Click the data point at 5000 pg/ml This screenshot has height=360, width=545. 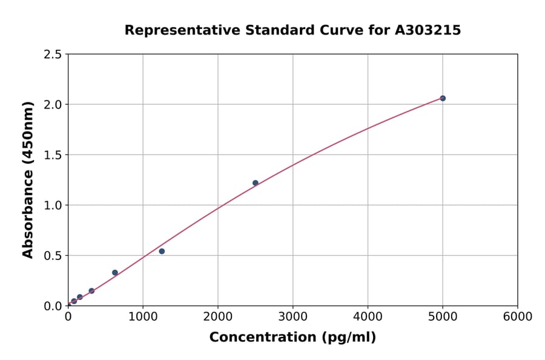click(x=443, y=98)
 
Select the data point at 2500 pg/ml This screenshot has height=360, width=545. click(x=256, y=183)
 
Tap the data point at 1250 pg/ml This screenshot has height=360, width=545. click(x=162, y=251)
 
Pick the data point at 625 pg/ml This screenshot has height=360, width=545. click(x=115, y=273)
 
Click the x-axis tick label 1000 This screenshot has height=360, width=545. click(x=143, y=317)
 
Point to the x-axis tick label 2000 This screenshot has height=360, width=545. click(x=218, y=317)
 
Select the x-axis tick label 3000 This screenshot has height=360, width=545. click(x=293, y=317)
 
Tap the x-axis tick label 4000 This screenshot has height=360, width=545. click(x=368, y=317)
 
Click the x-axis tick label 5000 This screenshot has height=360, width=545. click(x=443, y=317)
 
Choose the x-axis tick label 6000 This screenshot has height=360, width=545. click(x=517, y=317)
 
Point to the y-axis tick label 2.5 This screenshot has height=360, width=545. click(x=53, y=55)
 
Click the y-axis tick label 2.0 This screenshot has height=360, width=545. click(x=53, y=105)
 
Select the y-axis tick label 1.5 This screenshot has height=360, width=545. click(x=53, y=155)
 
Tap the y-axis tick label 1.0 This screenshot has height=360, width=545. click(x=53, y=205)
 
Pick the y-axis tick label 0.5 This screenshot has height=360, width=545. click(x=53, y=256)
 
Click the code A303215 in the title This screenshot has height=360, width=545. click(x=428, y=30)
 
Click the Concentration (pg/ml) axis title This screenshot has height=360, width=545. click(x=292, y=338)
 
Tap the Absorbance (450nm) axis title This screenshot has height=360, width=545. click(x=28, y=179)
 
